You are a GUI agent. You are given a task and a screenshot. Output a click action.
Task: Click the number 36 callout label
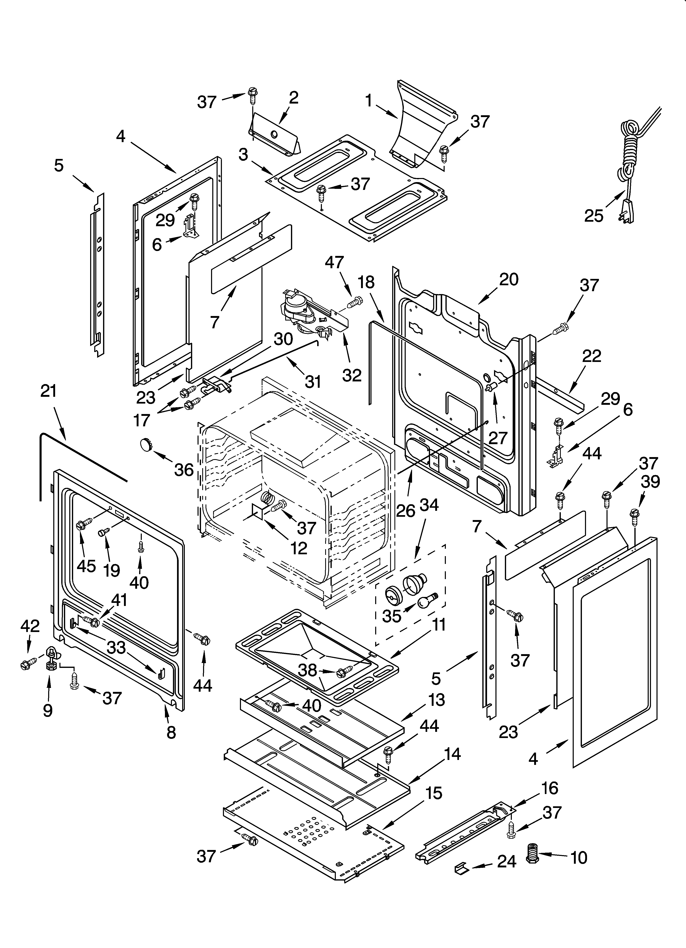coord(184,470)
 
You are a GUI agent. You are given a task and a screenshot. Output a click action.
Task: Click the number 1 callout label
coord(368,100)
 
